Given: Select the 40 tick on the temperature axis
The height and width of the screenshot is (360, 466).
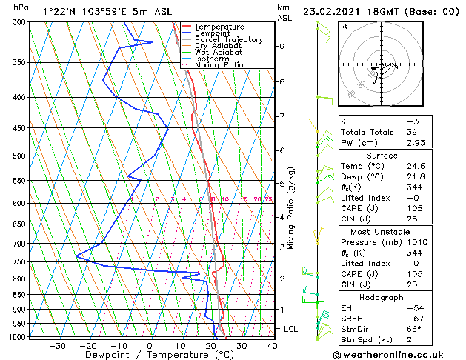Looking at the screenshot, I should [272, 345].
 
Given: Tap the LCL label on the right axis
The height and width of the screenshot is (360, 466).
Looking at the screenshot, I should [292, 328].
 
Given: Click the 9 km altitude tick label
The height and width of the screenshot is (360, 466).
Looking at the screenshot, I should [282, 46].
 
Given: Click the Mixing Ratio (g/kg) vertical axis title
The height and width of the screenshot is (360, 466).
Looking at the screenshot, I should [291, 208].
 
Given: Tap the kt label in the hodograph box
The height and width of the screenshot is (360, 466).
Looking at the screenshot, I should [344, 27].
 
